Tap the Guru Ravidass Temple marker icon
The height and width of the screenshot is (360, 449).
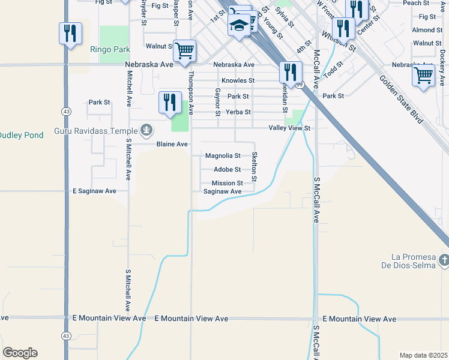click(146, 130)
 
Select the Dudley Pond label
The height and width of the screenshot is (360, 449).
click(22, 136)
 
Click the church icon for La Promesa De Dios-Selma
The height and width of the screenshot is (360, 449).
click(444, 260)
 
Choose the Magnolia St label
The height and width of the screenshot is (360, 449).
click(223, 156)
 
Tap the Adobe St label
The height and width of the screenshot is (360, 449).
click(227, 170)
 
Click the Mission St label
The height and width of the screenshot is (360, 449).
click(227, 184)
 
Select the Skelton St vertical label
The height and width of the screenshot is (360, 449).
click(255, 167)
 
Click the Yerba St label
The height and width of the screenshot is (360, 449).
click(238, 112)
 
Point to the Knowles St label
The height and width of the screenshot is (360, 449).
click(238, 80)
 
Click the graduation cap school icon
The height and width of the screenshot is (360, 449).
click(239, 26)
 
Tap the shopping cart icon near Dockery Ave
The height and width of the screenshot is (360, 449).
click(424, 76)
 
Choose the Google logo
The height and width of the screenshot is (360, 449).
click(20, 353)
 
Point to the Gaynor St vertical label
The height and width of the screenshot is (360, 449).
click(217, 101)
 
